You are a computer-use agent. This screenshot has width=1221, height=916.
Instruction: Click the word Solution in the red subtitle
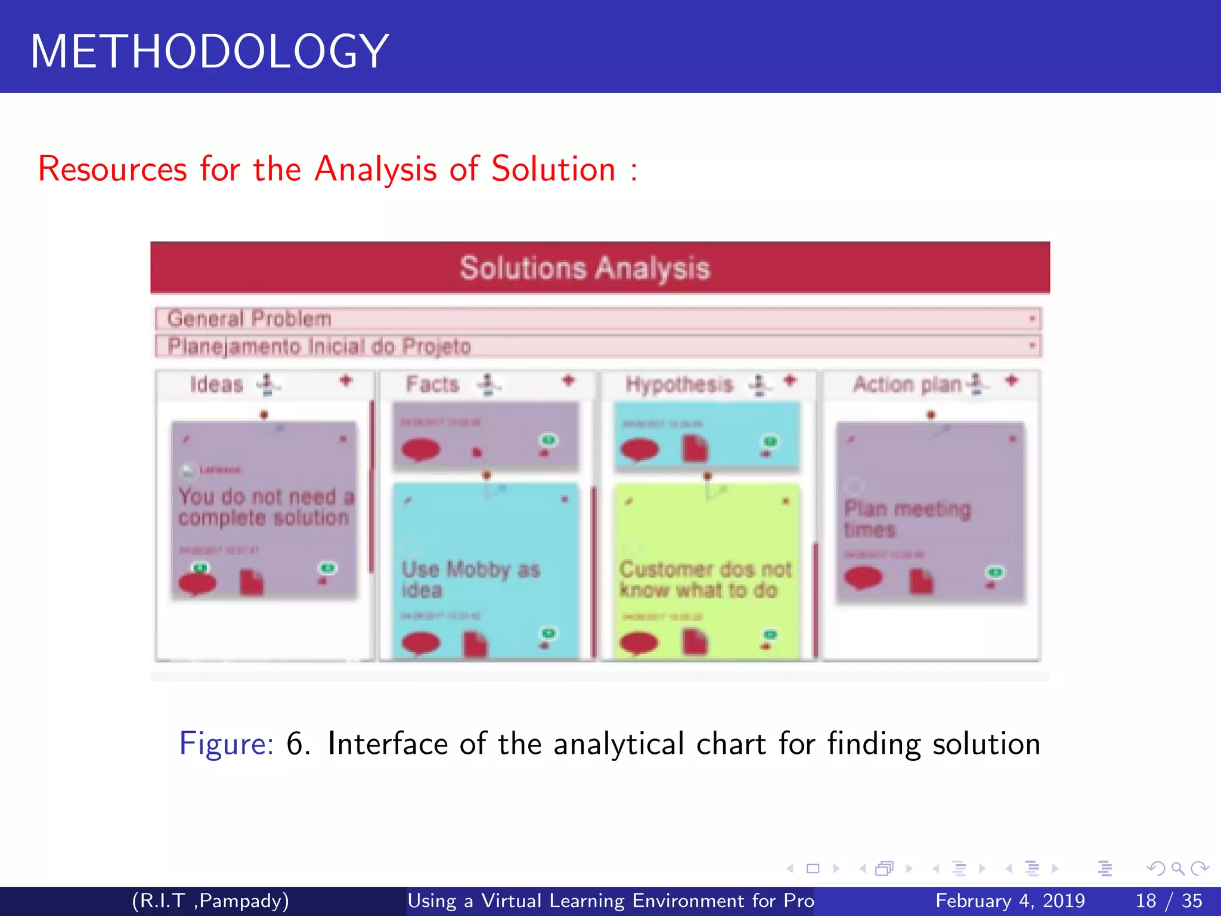click(x=553, y=169)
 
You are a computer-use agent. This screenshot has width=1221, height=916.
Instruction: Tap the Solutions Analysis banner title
click(x=585, y=268)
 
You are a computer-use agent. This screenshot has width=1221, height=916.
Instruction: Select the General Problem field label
click(x=249, y=318)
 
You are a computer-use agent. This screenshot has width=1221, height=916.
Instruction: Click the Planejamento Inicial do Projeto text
click(x=319, y=346)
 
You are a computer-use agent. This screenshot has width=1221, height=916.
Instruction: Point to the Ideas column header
click(x=216, y=385)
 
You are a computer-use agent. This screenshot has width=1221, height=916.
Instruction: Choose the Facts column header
click(x=432, y=384)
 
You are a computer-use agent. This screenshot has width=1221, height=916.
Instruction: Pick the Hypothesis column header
click(x=678, y=384)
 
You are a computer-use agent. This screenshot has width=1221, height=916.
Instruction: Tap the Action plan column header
click(x=907, y=385)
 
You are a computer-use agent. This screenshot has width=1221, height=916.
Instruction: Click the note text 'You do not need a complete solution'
click(x=265, y=507)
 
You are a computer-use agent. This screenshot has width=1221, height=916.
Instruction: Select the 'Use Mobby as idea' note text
click(x=470, y=579)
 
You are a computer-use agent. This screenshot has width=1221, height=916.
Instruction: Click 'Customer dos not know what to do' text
click(x=705, y=579)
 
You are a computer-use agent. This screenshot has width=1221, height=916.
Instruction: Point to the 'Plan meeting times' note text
click(x=907, y=519)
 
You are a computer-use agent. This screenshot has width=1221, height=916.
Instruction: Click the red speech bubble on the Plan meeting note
click(x=863, y=578)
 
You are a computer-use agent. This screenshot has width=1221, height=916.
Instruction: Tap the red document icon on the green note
click(x=695, y=643)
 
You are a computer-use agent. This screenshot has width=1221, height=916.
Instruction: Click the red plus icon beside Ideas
click(x=346, y=380)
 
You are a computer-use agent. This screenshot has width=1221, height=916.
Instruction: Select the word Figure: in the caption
click(x=226, y=744)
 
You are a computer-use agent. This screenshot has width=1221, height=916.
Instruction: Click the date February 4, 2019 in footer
click(x=1010, y=900)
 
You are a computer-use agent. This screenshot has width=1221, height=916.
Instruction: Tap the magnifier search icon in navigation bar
click(x=1177, y=868)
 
